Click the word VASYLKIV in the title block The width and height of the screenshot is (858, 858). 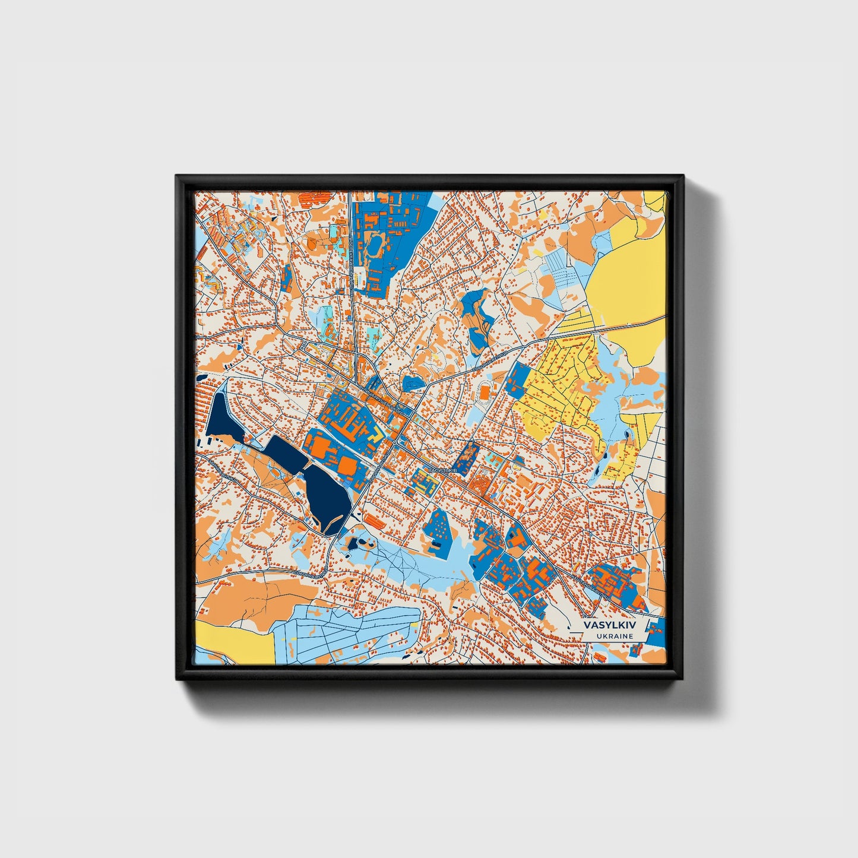coord(609,625)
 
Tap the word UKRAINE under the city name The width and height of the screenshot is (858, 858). coord(609,636)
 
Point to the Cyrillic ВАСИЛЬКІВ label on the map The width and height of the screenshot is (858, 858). coord(442,470)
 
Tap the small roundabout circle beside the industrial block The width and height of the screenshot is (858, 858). coord(394,443)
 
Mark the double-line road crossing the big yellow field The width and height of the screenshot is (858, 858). coord(629,325)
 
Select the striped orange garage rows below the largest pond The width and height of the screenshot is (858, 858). coord(373,521)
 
